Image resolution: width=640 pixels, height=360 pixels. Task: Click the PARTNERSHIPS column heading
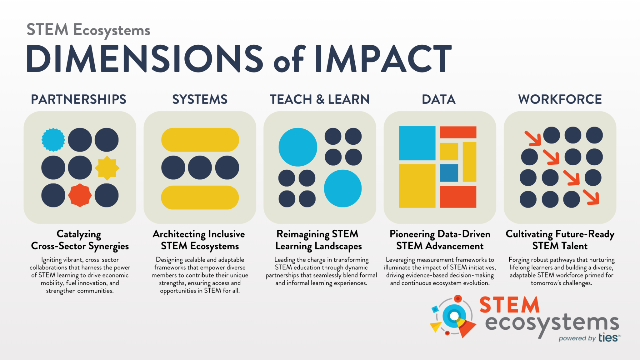coord(78,99)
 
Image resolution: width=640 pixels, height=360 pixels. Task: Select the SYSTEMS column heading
coord(200,99)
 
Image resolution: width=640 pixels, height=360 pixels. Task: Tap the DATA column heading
coord(439,99)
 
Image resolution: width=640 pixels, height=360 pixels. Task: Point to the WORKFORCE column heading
coord(560,99)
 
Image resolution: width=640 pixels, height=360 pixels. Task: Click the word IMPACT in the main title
coord(383,59)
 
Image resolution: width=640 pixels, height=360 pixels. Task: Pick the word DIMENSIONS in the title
coord(145,59)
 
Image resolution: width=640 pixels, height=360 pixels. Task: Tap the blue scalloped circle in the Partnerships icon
coord(53,140)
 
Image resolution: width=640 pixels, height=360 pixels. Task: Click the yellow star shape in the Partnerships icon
coord(107,168)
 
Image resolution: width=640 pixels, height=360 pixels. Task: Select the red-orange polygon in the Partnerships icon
coord(80,195)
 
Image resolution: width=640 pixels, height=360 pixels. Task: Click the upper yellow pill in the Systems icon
coord(200,140)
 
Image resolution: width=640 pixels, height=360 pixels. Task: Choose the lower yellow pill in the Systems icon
coord(200,197)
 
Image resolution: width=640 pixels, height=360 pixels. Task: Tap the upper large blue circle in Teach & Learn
coord(298,147)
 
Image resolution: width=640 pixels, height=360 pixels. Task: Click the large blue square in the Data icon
coord(417,143)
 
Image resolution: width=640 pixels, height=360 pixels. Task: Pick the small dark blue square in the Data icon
coord(449,173)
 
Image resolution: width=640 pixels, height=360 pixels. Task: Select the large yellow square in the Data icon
coord(417,186)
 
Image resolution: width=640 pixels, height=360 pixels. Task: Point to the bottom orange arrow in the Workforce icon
coord(591,197)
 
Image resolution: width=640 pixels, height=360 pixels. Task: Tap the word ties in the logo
coord(608,337)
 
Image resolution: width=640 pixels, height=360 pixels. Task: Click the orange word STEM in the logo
coord(509,305)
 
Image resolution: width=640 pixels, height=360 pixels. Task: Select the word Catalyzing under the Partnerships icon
coord(79,234)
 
